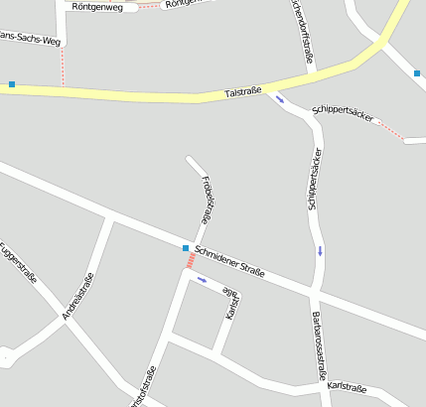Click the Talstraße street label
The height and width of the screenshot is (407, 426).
coord(244,91)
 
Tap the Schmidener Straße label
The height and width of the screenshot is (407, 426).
coord(229,260)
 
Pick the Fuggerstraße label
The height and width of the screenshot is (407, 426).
coord(19,263)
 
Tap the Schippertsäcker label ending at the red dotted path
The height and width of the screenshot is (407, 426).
coord(343,113)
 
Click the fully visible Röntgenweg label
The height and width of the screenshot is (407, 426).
coord(99,7)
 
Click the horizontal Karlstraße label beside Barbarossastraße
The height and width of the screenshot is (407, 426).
coord(348,386)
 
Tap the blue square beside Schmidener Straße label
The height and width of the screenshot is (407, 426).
coord(186,247)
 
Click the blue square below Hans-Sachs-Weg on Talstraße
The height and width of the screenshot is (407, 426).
coord(12,84)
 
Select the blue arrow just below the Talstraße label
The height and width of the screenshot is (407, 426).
coord(280,99)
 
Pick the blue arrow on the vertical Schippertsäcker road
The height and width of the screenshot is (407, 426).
coord(320,250)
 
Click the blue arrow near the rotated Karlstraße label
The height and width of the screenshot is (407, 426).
coord(203,280)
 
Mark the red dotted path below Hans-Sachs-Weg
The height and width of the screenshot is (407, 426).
coord(63,66)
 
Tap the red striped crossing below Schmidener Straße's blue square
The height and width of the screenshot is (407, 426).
coord(189,261)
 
